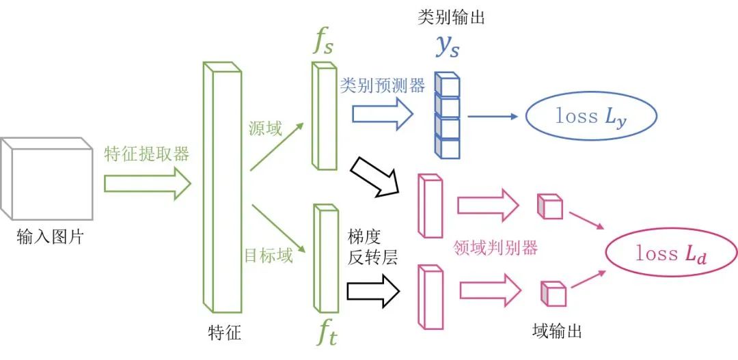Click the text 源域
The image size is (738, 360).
[x=265, y=128]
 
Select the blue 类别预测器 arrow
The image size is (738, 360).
[x=383, y=114]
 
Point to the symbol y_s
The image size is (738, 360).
[x=448, y=45]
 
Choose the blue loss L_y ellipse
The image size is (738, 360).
[x=590, y=117]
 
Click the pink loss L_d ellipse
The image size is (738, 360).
[x=672, y=254]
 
